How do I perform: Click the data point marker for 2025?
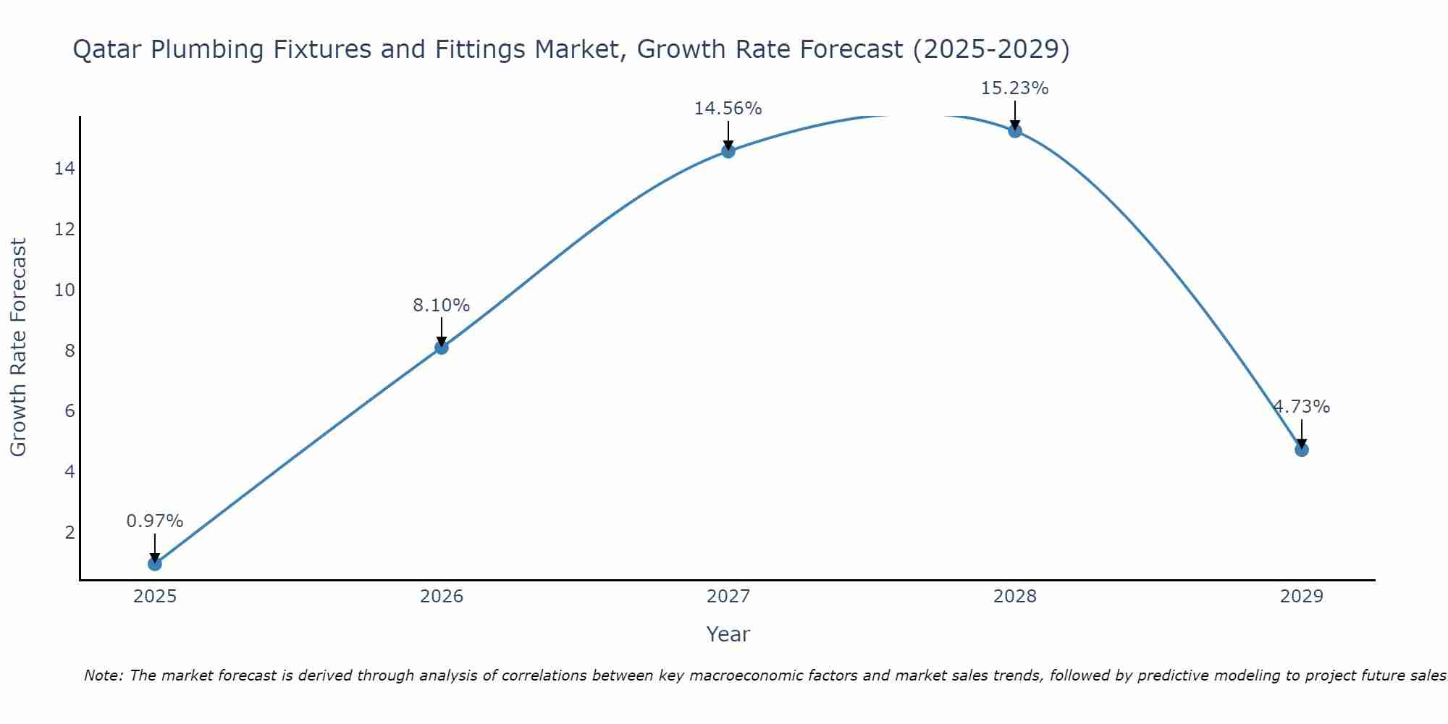coord(155,563)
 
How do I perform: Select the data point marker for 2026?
coord(442,348)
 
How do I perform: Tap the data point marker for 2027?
coord(728,151)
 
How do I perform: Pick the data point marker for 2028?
coord(1015,131)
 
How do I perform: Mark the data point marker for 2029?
coord(1302,450)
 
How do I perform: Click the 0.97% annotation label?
coord(155,521)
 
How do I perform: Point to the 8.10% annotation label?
coord(442,306)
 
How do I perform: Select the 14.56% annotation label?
coord(728,109)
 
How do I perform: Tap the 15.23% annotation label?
coord(1015,88)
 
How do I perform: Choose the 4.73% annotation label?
coord(1302,407)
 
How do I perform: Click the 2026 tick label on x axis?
coord(442,597)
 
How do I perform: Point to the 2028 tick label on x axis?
coord(1015,597)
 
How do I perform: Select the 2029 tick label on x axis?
coord(1302,597)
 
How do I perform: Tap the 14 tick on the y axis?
coord(64,169)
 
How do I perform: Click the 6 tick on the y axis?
coord(70,411)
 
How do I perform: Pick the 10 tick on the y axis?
coord(64,290)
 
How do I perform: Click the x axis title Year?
coord(728,634)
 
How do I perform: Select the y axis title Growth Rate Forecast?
coord(19,348)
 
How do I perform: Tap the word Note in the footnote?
coord(104,675)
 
